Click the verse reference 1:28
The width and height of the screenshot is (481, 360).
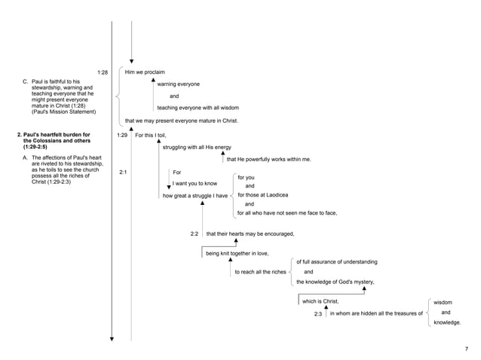pyautogui.click(x=103, y=72)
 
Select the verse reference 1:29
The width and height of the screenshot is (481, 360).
pyautogui.click(x=123, y=135)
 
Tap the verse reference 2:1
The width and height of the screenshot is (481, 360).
pyautogui.click(x=123, y=172)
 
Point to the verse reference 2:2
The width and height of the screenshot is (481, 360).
pyautogui.click(x=195, y=233)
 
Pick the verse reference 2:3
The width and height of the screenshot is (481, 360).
pyautogui.click(x=318, y=313)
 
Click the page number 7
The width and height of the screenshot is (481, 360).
pyautogui.click(x=466, y=349)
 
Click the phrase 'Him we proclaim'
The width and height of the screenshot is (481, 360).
pyautogui.click(x=145, y=72)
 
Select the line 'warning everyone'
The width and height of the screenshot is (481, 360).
pyautogui.click(x=178, y=84)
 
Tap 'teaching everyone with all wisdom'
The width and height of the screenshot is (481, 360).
pyautogui.click(x=198, y=108)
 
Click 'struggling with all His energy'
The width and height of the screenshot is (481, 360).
pyautogui.click(x=197, y=147)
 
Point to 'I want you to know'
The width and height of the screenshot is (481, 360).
pyautogui.click(x=195, y=183)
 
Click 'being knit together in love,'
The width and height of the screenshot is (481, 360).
pyautogui.click(x=237, y=254)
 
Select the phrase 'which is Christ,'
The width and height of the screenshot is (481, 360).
pyautogui.click(x=320, y=301)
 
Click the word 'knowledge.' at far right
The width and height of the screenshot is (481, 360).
pyautogui.click(x=447, y=322)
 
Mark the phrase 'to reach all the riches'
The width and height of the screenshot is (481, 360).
pyautogui.click(x=260, y=271)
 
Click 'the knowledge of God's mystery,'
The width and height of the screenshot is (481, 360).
pyautogui.click(x=335, y=282)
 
